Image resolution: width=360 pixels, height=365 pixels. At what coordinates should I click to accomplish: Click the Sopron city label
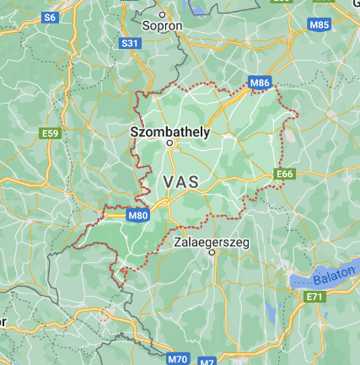click(x=163, y=27)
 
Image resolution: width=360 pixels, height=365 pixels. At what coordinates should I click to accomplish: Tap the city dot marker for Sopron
click(x=163, y=14)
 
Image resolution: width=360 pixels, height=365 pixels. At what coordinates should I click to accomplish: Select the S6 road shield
click(x=51, y=17)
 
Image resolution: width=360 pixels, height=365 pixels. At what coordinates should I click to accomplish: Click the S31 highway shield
click(x=130, y=43)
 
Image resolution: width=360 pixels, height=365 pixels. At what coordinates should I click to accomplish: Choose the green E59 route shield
click(x=51, y=133)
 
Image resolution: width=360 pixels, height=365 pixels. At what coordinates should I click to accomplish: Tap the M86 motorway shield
click(x=260, y=83)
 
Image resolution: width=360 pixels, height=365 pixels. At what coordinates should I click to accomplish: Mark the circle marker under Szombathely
click(x=169, y=143)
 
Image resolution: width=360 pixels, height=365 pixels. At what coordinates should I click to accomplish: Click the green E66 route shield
click(x=284, y=174)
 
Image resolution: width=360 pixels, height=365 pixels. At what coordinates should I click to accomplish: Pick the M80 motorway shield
click(x=138, y=216)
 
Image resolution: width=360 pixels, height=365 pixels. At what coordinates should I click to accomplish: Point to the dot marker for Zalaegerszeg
click(x=213, y=252)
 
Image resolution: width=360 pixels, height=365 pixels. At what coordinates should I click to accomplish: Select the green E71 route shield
click(x=314, y=297)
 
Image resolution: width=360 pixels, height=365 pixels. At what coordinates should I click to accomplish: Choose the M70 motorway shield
click(x=177, y=359)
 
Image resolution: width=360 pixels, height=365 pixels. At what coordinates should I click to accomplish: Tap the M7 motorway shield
click(x=209, y=361)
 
